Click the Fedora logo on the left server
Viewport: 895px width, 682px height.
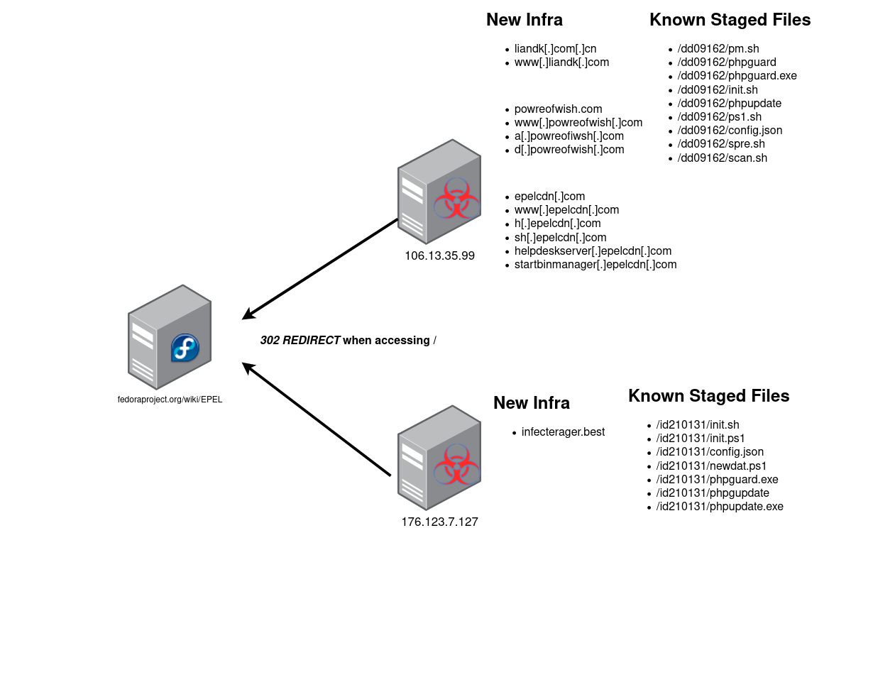(185, 348)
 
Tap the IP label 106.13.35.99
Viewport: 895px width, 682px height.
(439, 255)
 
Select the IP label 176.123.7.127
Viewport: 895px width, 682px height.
(439, 522)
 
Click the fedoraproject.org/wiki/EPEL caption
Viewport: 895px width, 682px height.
(170, 400)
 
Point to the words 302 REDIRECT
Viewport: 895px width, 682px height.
(300, 341)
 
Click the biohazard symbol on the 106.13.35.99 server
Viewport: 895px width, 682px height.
(456, 199)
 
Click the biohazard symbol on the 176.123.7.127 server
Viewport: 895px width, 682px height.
(456, 466)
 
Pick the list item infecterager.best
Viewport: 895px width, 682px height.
(563, 431)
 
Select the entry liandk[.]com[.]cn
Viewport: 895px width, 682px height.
(555, 49)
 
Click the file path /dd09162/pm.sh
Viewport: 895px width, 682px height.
(718, 49)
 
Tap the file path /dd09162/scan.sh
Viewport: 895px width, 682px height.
(722, 158)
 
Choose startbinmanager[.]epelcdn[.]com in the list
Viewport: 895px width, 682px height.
(595, 265)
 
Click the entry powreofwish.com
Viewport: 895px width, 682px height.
(558, 109)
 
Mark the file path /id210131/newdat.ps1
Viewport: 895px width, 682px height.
(711, 466)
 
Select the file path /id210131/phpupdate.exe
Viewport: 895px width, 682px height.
(720, 507)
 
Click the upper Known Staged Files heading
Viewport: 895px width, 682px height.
(730, 20)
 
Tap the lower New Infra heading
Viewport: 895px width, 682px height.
(531, 403)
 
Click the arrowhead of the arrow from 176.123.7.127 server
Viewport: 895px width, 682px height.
(248, 367)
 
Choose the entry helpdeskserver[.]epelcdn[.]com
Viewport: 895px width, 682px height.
(593, 251)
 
